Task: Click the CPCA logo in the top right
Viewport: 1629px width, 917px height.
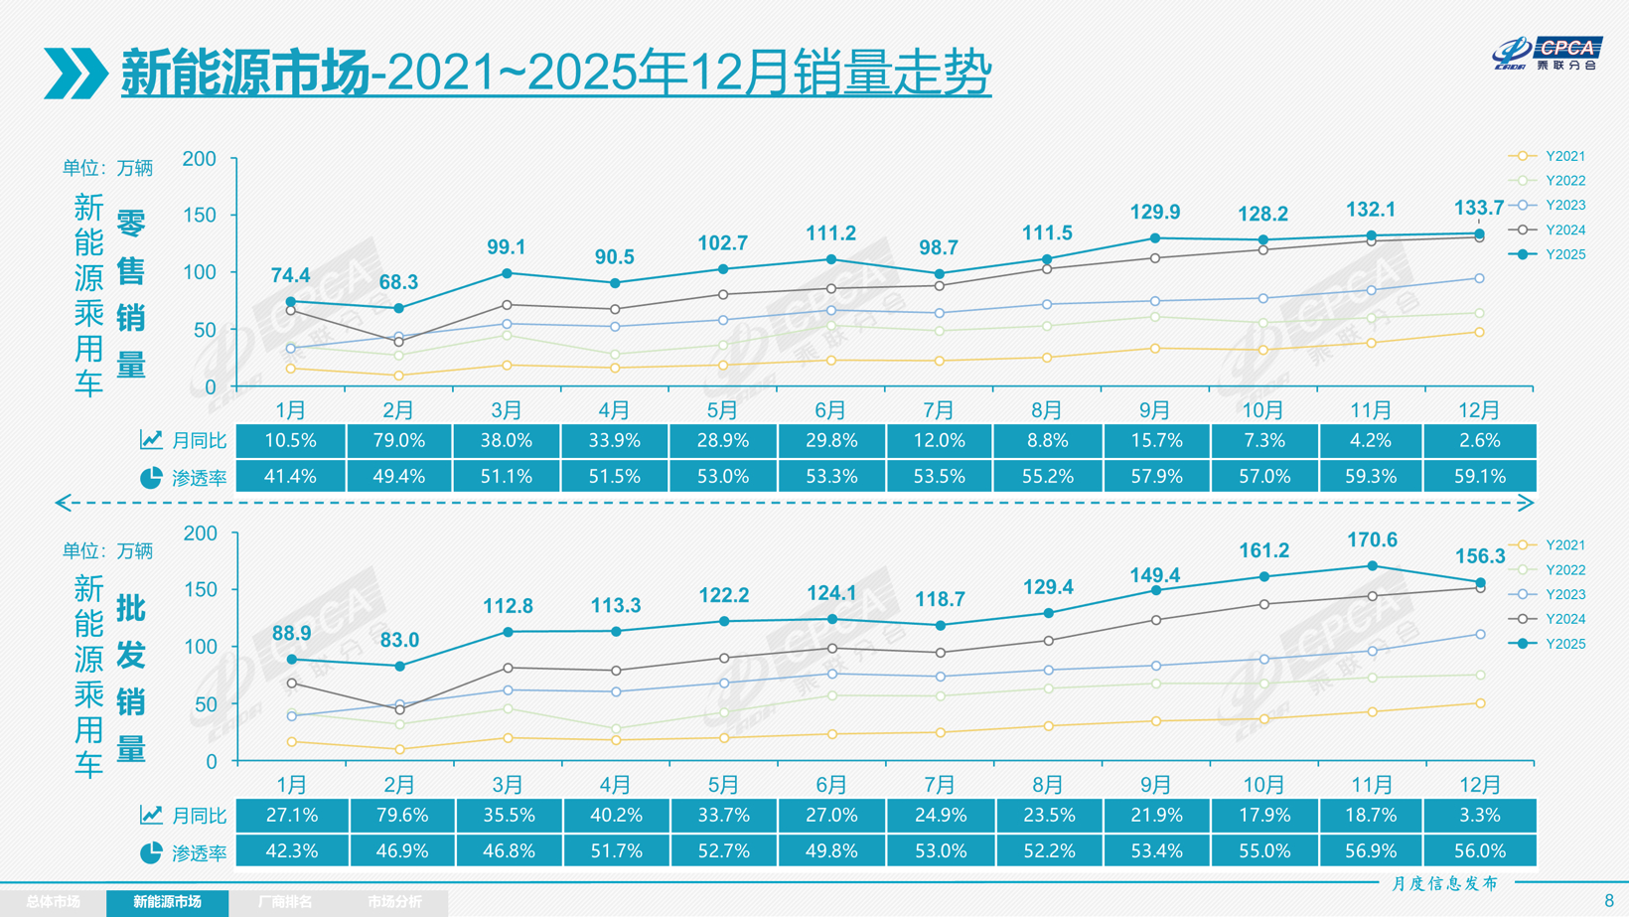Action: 1547,53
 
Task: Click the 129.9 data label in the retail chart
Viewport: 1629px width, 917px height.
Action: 1154,212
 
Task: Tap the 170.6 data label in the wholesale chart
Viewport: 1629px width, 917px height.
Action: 1372,540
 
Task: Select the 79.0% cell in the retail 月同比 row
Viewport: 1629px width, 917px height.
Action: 398,441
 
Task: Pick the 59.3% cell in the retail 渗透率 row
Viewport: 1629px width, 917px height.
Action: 1371,477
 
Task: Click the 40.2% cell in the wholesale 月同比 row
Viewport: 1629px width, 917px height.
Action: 615,816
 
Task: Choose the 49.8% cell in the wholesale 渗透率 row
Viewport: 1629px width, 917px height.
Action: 831,851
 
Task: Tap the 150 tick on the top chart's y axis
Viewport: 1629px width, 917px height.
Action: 199,216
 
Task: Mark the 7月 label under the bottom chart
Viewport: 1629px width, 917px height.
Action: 939,785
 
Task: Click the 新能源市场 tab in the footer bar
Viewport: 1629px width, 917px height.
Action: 167,902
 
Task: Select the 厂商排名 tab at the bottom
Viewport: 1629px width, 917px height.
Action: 285,902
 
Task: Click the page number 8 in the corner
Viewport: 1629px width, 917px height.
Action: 1608,901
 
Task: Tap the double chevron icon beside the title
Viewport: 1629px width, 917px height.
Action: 75,73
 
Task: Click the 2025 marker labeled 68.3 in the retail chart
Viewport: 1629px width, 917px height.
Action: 398,309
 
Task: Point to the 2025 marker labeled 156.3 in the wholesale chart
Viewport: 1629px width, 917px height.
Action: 1480,583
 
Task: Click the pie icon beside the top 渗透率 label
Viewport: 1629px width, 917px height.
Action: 151,478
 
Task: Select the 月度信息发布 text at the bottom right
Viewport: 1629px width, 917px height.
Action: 1444,883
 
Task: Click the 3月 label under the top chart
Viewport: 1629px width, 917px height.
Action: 507,410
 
